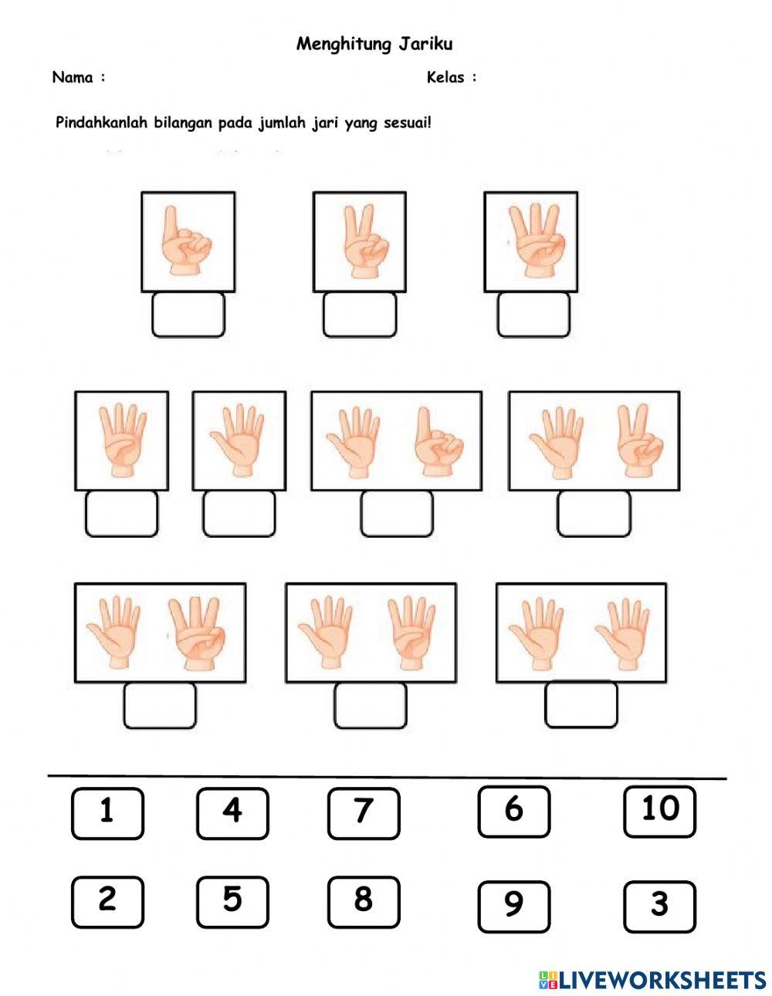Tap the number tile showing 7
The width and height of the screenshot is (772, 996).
point(364,814)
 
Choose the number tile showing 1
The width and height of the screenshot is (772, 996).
point(107,814)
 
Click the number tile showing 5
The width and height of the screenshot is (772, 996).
point(232,902)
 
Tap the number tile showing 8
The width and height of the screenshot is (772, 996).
point(364,902)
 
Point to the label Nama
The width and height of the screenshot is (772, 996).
point(73,77)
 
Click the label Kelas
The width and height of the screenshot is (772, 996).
point(445,77)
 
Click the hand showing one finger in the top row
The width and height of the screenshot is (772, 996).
point(185,241)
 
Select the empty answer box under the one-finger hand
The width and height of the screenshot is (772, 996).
point(188,316)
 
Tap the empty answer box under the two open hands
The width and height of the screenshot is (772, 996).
point(581,705)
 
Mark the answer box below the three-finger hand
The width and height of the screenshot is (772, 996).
point(534,316)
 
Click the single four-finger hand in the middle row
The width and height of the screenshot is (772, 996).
point(123,440)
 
